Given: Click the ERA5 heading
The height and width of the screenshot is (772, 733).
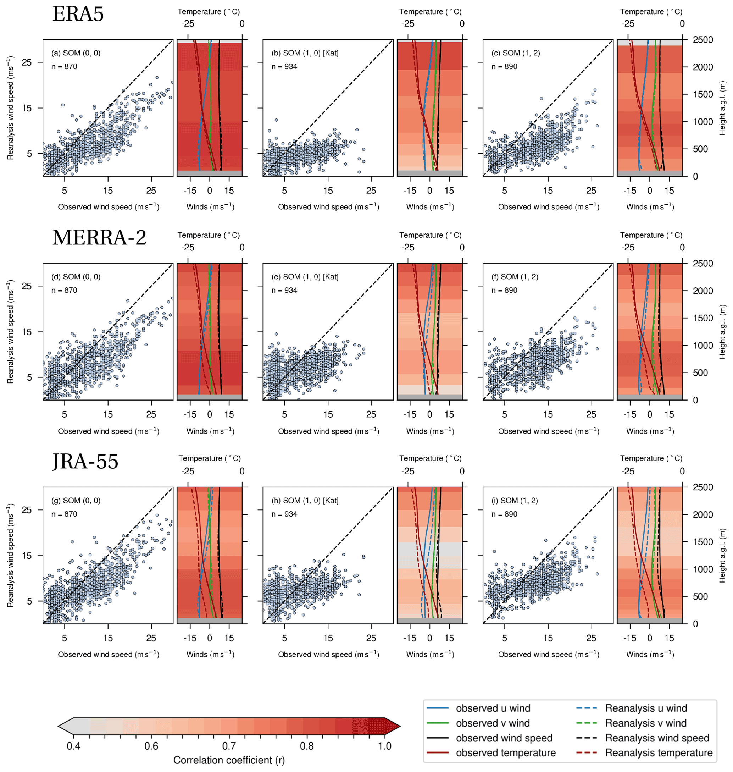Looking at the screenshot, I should pyautogui.click(x=78, y=14).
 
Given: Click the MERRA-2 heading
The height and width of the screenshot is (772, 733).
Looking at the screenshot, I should pyautogui.click(x=99, y=238).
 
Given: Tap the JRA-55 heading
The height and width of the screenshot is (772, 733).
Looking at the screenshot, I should pyautogui.click(x=85, y=461).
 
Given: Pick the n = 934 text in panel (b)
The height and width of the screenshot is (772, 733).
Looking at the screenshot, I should pyautogui.click(x=284, y=67).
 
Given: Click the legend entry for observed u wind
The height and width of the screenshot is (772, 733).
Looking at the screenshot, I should pyautogui.click(x=493, y=708).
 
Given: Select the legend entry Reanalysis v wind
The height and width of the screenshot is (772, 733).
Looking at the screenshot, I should pyautogui.click(x=645, y=723).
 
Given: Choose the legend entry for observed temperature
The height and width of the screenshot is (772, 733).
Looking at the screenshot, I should pyautogui.click(x=506, y=753).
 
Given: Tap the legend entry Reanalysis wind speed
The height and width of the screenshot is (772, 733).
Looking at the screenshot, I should pyautogui.click(x=657, y=738).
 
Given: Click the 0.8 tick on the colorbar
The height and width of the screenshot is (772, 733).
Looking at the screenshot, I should pyautogui.click(x=307, y=746).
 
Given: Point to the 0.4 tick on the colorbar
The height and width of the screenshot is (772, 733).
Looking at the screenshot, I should pyautogui.click(x=73, y=746).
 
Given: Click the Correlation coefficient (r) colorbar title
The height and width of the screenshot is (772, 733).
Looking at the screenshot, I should pyautogui.click(x=229, y=760).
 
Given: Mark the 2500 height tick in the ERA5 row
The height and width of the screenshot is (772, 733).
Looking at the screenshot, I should pyautogui.click(x=703, y=40).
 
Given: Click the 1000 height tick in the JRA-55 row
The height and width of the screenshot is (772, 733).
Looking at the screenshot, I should pyautogui.click(x=703, y=569).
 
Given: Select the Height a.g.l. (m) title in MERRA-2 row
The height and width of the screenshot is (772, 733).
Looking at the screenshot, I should pyautogui.click(x=722, y=332).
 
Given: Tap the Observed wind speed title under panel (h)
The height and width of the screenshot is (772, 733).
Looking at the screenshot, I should pyautogui.click(x=328, y=654).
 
